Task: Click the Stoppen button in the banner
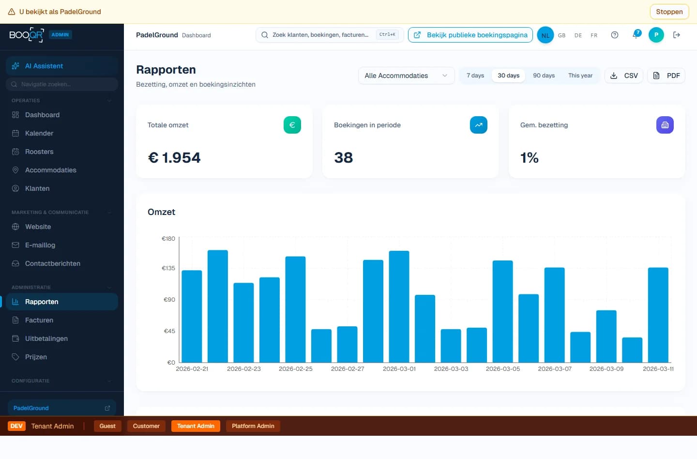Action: click(x=669, y=12)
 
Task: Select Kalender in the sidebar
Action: click(x=39, y=133)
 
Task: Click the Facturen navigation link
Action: click(x=39, y=320)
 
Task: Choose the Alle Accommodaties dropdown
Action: click(x=406, y=76)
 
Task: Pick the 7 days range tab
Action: click(x=475, y=76)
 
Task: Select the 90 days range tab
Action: click(x=544, y=76)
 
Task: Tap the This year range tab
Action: click(x=580, y=76)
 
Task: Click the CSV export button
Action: click(x=623, y=76)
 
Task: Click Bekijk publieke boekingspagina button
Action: click(x=470, y=35)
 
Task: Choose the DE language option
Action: click(x=578, y=35)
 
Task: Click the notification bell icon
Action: click(x=636, y=35)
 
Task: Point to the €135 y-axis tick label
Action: click(x=168, y=268)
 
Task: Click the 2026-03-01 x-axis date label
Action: click(x=399, y=369)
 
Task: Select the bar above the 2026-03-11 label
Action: click(x=658, y=315)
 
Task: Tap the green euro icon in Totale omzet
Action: click(x=292, y=125)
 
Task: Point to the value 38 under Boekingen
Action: click(x=343, y=158)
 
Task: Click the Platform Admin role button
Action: click(x=253, y=426)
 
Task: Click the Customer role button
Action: click(x=146, y=426)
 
